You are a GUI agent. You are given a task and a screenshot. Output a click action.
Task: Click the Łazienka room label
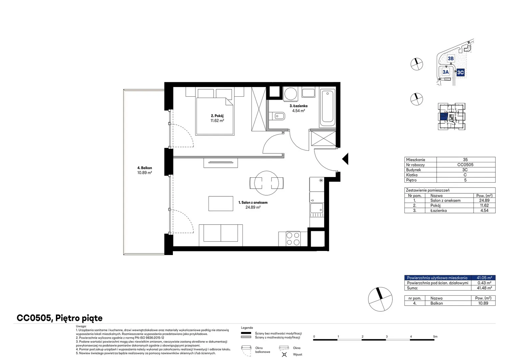point(298,106)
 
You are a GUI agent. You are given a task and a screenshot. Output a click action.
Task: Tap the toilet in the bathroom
point(277,116)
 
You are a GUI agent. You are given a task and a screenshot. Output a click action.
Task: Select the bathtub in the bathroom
point(327,108)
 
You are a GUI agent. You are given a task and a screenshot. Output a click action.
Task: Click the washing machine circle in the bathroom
point(290,93)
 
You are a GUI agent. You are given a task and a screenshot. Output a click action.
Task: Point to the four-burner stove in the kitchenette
point(293,239)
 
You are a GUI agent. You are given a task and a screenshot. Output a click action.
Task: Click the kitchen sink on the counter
point(316,208)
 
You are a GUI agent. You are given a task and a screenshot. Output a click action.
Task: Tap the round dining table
point(266,183)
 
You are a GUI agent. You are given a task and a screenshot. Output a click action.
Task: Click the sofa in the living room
point(221,235)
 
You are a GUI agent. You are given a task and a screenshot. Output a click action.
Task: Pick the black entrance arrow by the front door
point(346,159)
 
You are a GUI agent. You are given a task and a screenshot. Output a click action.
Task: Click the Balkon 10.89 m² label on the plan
point(145,170)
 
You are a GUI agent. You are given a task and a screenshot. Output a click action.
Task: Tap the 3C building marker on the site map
point(460,73)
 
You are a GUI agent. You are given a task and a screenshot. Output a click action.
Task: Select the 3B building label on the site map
point(451,58)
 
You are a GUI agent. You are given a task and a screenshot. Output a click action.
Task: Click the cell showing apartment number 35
point(465,160)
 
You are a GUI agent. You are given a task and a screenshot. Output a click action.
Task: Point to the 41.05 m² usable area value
point(484,278)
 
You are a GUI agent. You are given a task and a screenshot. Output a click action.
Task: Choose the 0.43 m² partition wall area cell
point(484,283)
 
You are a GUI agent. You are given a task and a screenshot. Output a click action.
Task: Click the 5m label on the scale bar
point(435,337)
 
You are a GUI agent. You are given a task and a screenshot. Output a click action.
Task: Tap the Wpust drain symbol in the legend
point(284,355)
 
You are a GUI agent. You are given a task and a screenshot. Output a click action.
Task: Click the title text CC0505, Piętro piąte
point(60,318)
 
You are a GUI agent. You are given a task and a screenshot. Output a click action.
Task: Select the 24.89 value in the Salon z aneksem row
point(484,200)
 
